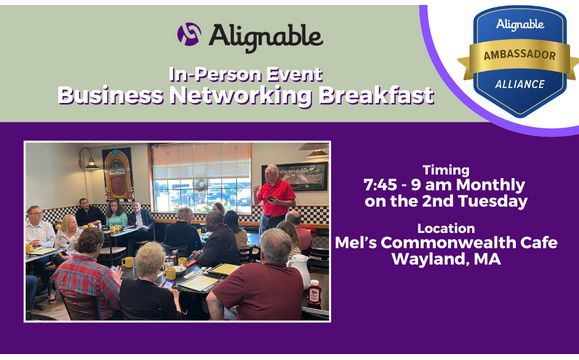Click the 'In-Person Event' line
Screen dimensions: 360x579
pyautogui.click(x=245, y=73)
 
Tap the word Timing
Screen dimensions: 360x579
pyautogui.click(x=446, y=169)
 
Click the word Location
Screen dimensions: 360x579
pyautogui.click(x=446, y=227)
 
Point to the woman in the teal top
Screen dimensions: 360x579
pyautogui.click(x=116, y=215)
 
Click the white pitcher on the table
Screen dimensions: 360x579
pyautogui.click(x=299, y=268)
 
